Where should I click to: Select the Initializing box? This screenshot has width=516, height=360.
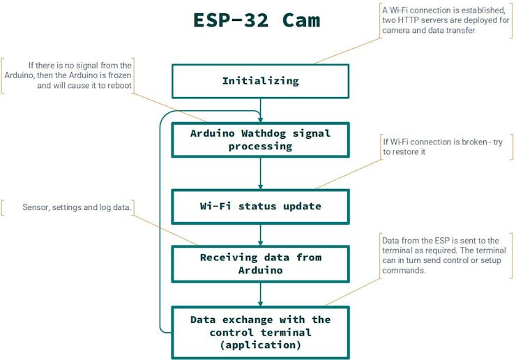coord(260,81)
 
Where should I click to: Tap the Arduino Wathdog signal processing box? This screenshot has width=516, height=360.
coord(260,140)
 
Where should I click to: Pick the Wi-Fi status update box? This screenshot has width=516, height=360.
coord(260,207)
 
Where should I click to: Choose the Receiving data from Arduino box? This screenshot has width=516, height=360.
coord(260,264)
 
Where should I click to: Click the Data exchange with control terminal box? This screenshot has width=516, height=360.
coord(260,332)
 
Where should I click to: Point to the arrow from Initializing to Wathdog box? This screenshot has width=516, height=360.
coord(260,110)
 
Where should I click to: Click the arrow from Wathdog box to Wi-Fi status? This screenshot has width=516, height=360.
coord(260,173)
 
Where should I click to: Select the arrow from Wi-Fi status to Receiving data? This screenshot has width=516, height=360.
coord(260,234)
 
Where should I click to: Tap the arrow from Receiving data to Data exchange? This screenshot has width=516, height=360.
coord(260,294)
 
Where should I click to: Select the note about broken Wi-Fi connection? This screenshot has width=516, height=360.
coord(442,147)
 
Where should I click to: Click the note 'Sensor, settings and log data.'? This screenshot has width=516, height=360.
coord(77,207)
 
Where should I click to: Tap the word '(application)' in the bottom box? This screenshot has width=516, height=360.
coord(260,345)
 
